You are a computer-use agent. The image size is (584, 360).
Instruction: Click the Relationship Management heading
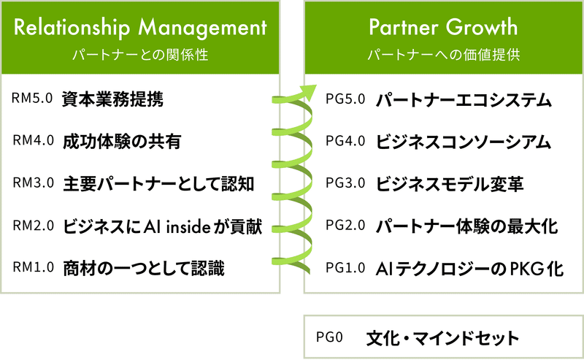pyautogui.click(x=140, y=28)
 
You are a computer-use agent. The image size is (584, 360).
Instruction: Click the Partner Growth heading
pyautogui.click(x=443, y=27)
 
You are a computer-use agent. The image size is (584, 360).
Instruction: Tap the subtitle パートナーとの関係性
pyautogui.click(x=140, y=55)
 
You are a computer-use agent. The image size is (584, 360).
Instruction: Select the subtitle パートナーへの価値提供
pyautogui.click(x=443, y=55)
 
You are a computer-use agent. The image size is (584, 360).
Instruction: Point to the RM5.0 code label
pyautogui.click(x=32, y=98)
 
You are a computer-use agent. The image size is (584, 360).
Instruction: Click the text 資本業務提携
pyautogui.click(x=112, y=99)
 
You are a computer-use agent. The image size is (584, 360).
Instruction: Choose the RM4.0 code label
pyautogui.click(x=33, y=140)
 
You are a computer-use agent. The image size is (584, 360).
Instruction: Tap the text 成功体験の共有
pyautogui.click(x=122, y=142)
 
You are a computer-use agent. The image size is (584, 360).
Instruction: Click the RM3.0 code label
pyautogui.click(x=33, y=183)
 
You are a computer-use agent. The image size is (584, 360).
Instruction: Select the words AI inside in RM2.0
pyautogui.click(x=177, y=226)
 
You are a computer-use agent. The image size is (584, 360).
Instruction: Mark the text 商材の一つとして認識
pyautogui.click(x=143, y=268)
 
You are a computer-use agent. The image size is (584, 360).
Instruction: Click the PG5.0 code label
pyautogui.click(x=345, y=99)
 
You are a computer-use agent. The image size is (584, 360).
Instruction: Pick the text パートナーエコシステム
pyautogui.click(x=464, y=100)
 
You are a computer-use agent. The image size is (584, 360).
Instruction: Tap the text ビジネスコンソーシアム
pyautogui.click(x=463, y=142)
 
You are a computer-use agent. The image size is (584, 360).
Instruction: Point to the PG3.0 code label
pyautogui.click(x=345, y=183)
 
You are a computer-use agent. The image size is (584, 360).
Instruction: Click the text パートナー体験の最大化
pyautogui.click(x=466, y=226)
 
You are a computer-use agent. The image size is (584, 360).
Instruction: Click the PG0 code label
pyautogui.click(x=329, y=337)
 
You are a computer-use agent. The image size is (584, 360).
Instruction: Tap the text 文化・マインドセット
pyautogui.click(x=442, y=338)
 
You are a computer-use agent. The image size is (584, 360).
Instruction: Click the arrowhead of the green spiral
pyautogui.click(x=309, y=92)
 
